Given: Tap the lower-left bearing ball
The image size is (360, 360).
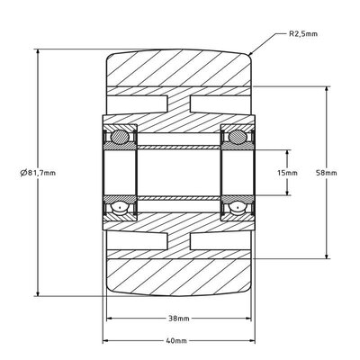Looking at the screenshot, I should tap(118, 209).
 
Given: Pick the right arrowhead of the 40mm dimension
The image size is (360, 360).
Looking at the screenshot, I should tap(252, 342).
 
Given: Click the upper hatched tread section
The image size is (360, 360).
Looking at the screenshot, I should tap(176, 70).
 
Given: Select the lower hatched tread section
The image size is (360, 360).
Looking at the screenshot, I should tap(176, 274).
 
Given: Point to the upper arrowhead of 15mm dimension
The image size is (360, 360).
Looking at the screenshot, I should tap(288, 154).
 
